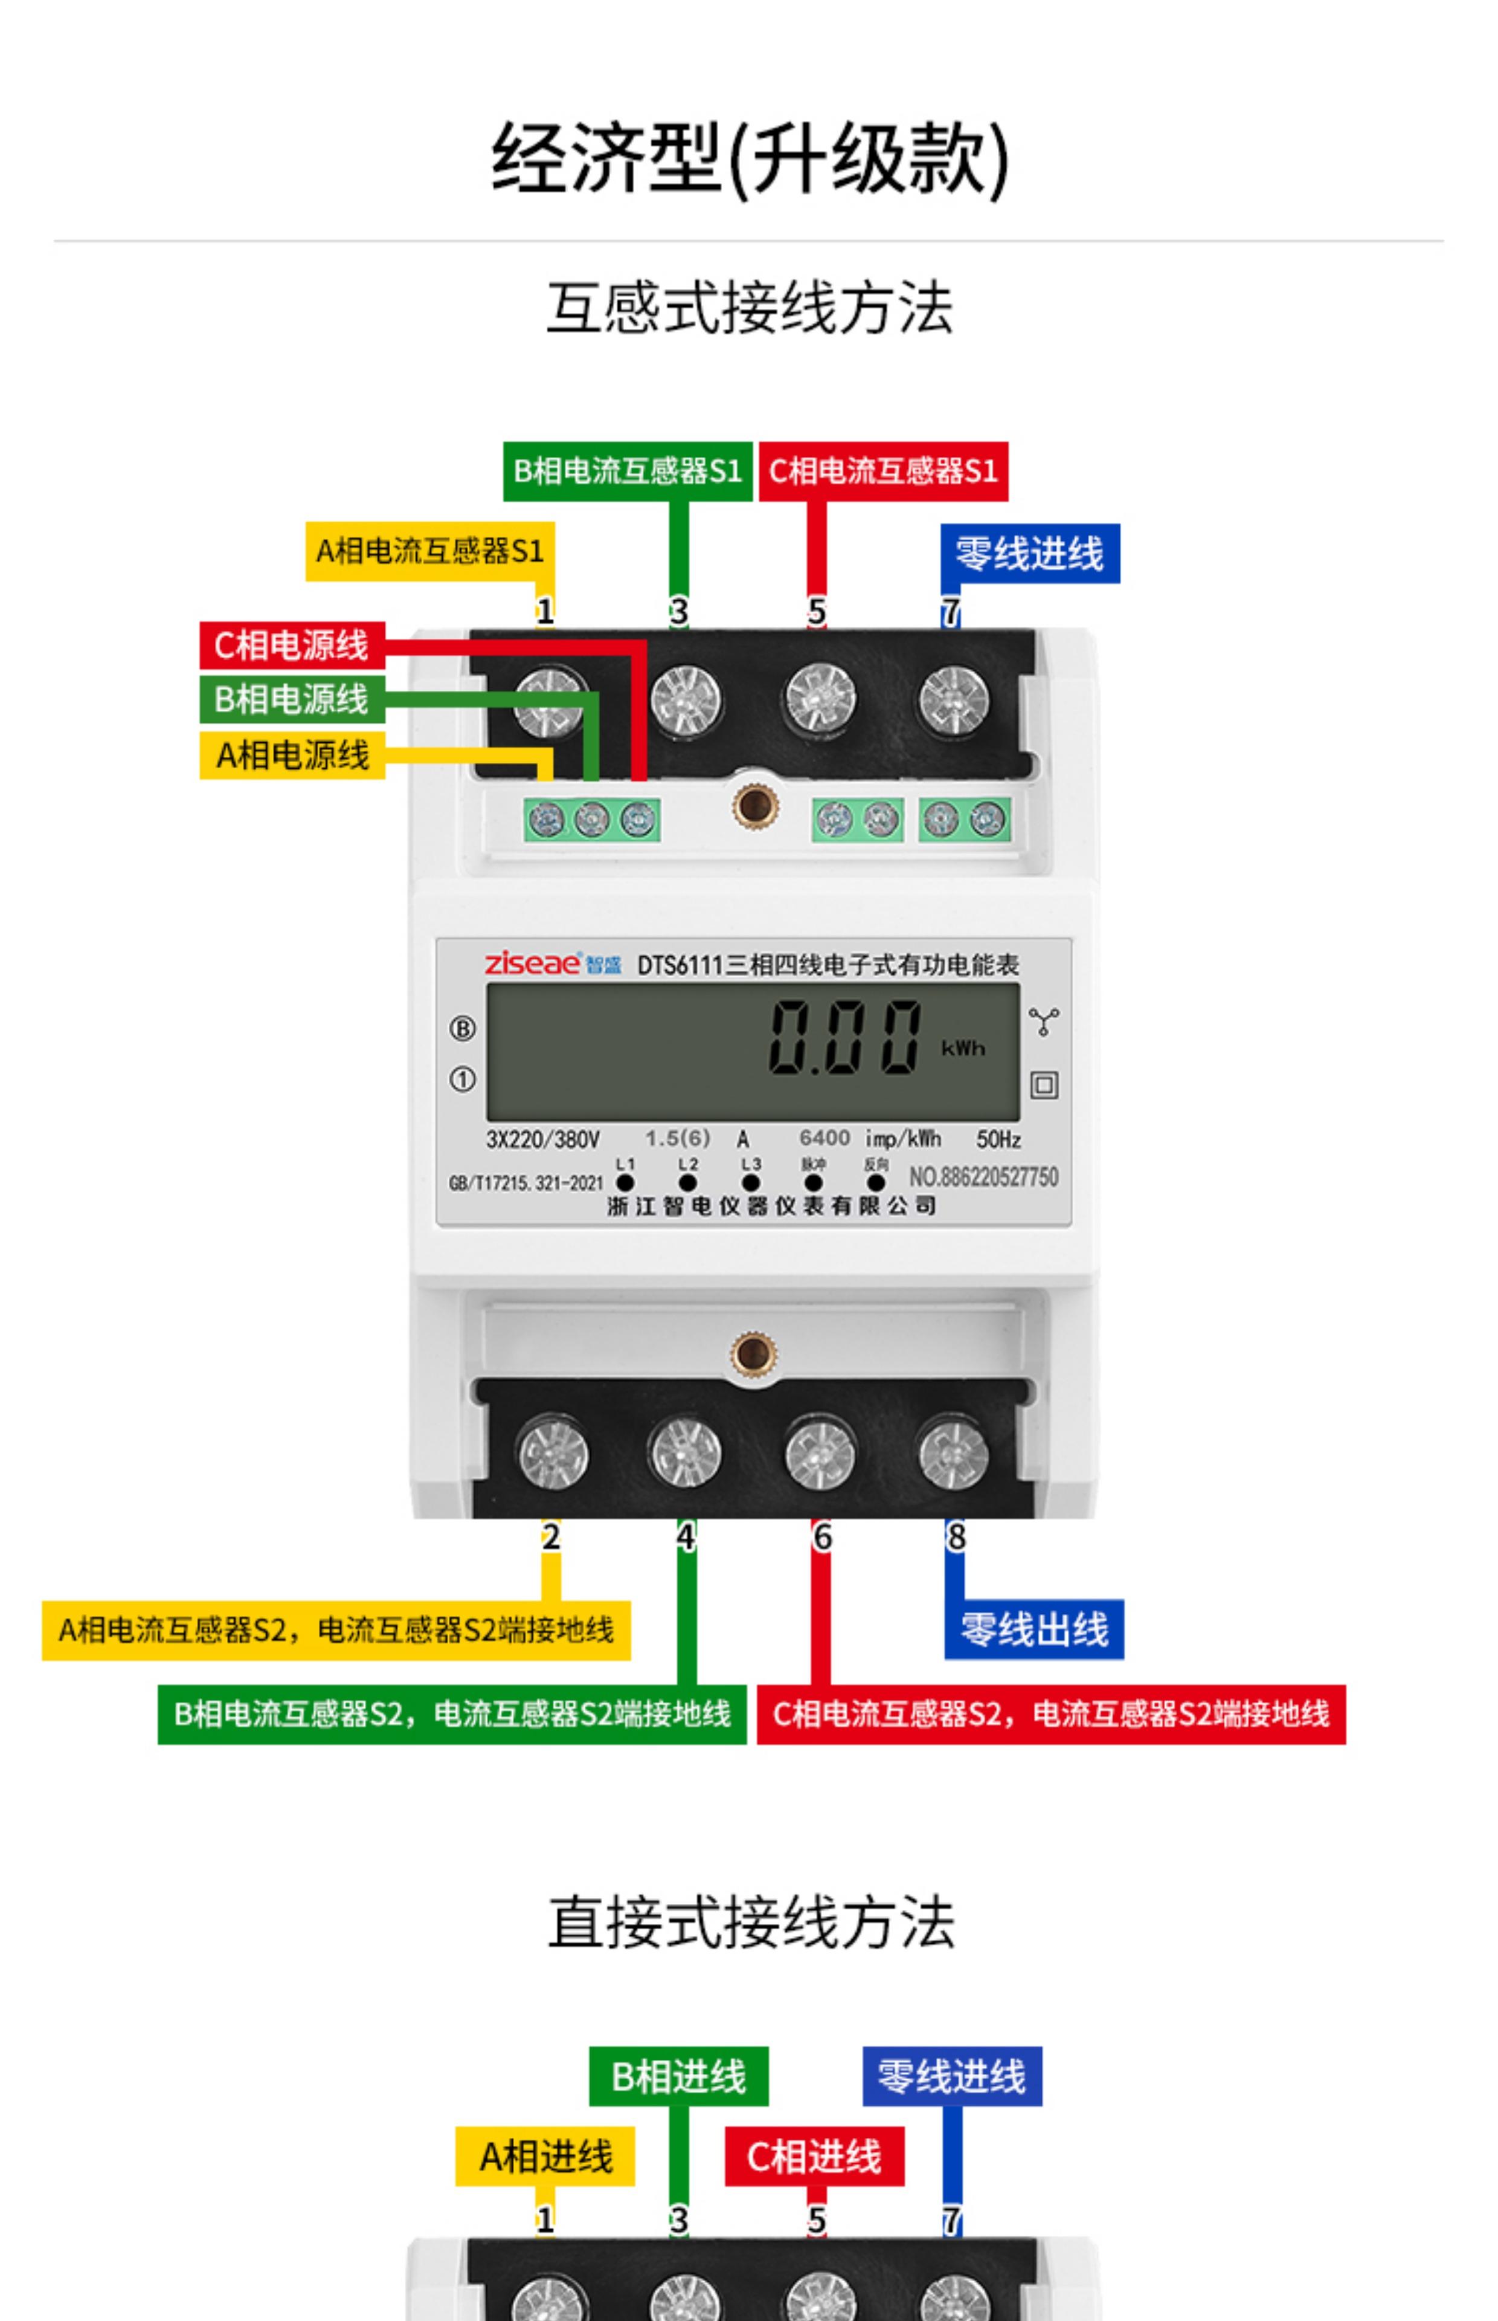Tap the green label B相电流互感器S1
pyautogui.click(x=628, y=472)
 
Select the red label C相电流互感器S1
pyautogui.click(x=883, y=472)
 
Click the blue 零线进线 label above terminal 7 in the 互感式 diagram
pyautogui.click(x=1029, y=554)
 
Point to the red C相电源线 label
pyautogui.click(x=292, y=645)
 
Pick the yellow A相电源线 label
pyautogui.click(x=292, y=754)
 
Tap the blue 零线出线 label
pyautogui.click(x=1034, y=1629)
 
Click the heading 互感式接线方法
pyautogui.click(x=749, y=308)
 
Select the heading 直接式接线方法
pyautogui.click(x=751, y=1923)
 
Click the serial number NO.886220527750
pyautogui.click(x=983, y=1177)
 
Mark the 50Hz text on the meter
pyautogui.click(x=998, y=1139)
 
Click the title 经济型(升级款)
pyautogui.click(x=749, y=158)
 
